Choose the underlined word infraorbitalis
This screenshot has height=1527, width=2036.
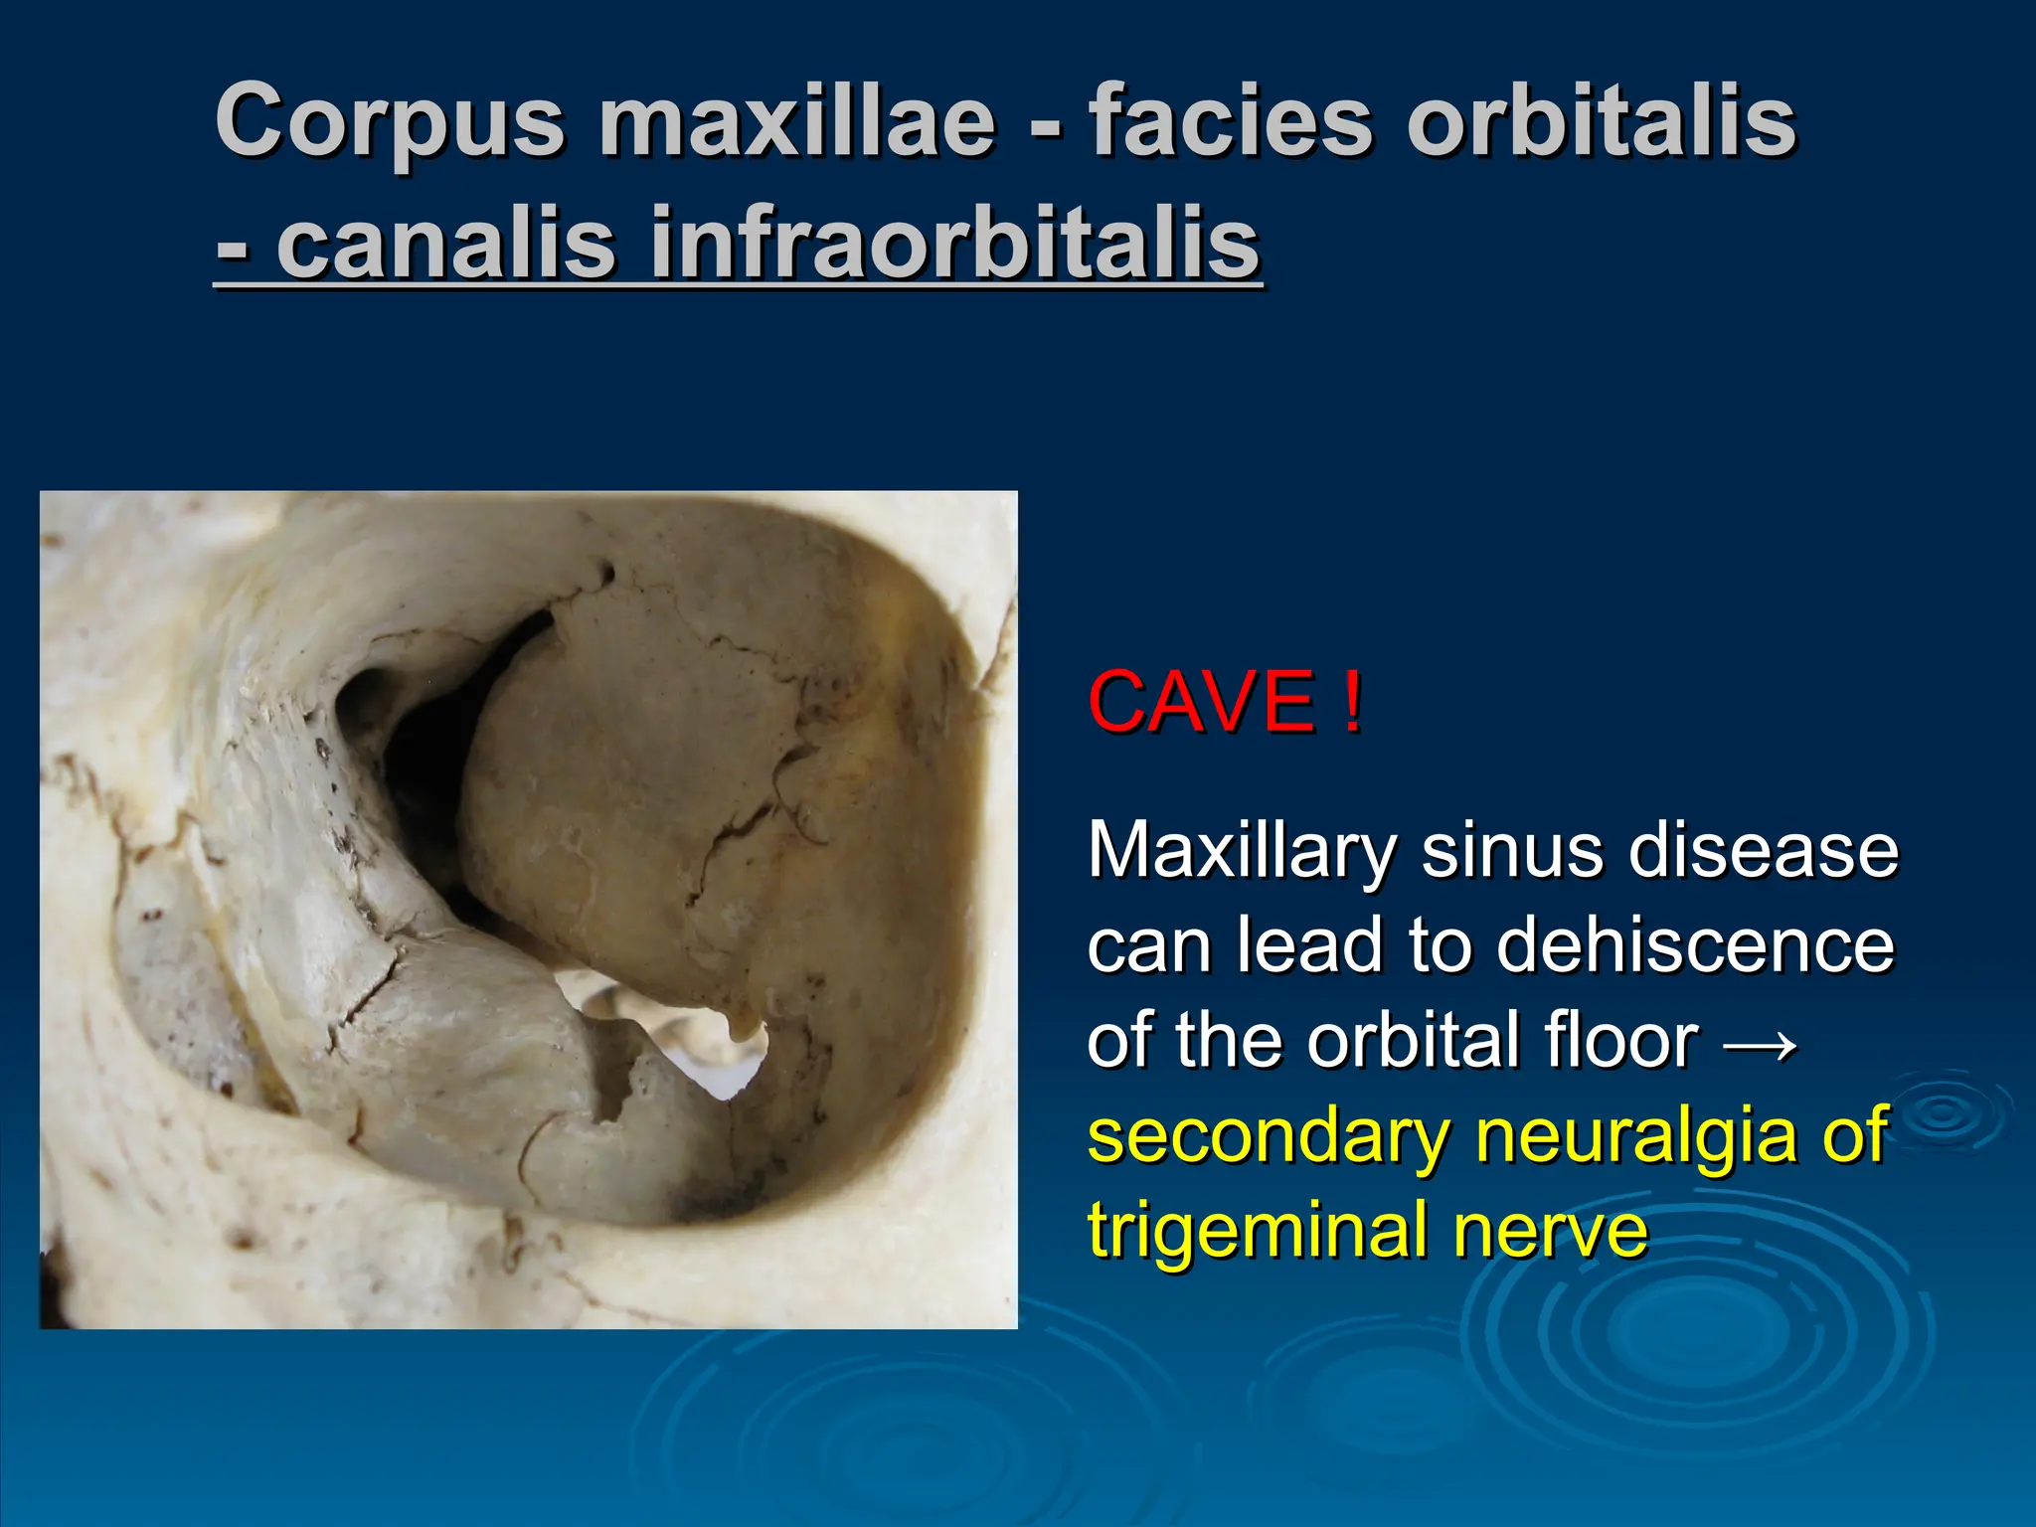click(954, 244)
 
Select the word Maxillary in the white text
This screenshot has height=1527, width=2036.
click(1242, 852)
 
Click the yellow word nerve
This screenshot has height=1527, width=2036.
click(1550, 1231)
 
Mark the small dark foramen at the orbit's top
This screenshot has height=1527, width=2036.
click(604, 574)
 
